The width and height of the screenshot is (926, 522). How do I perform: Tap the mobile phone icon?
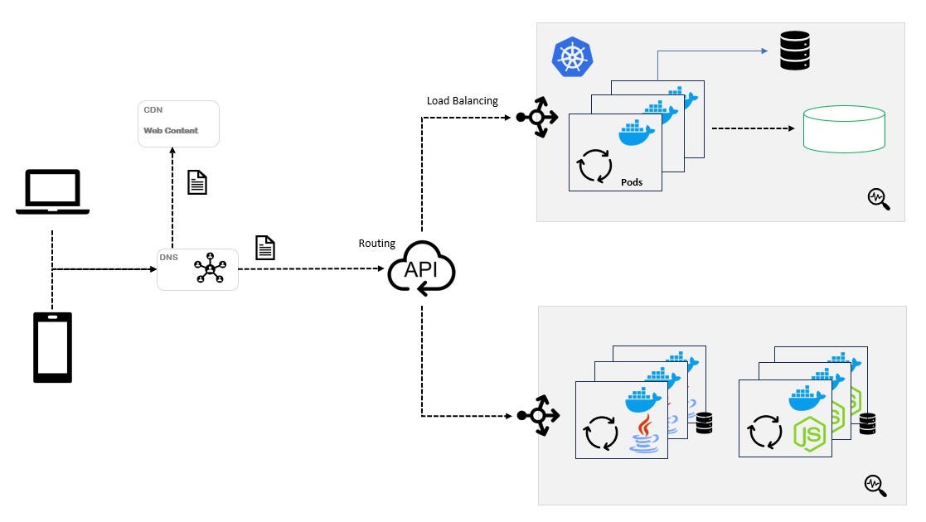(x=52, y=347)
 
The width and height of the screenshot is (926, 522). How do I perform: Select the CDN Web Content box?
(x=178, y=123)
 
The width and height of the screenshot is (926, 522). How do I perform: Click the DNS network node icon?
(x=209, y=270)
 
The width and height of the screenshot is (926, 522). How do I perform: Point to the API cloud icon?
(x=421, y=269)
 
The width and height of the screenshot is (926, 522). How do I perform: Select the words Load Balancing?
(x=462, y=101)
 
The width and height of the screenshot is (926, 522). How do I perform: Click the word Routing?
(x=376, y=244)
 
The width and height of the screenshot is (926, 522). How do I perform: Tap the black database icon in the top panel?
(x=794, y=51)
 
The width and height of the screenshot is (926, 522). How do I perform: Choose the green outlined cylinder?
(x=843, y=128)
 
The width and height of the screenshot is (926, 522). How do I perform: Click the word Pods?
(x=631, y=182)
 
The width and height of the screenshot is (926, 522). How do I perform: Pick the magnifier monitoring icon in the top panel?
(x=878, y=199)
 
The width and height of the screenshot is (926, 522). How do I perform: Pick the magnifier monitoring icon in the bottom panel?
(x=875, y=486)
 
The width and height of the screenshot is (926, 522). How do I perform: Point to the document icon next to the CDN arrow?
(x=196, y=181)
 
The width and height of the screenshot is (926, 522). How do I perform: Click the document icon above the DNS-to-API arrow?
(x=264, y=248)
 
